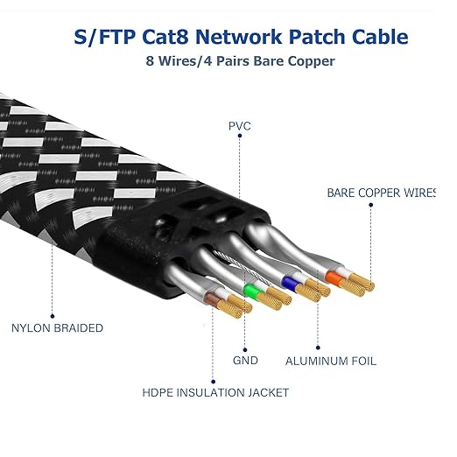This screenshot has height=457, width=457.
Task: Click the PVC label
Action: [238, 126]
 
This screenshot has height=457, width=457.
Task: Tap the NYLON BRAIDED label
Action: [57, 328]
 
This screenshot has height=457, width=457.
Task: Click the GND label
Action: [246, 360]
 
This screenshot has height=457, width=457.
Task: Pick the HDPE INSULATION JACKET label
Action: [215, 393]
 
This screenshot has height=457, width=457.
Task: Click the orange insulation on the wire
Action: [335, 278]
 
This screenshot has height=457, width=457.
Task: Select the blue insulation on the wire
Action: [290, 282]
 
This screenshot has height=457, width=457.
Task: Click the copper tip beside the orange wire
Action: [359, 285]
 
